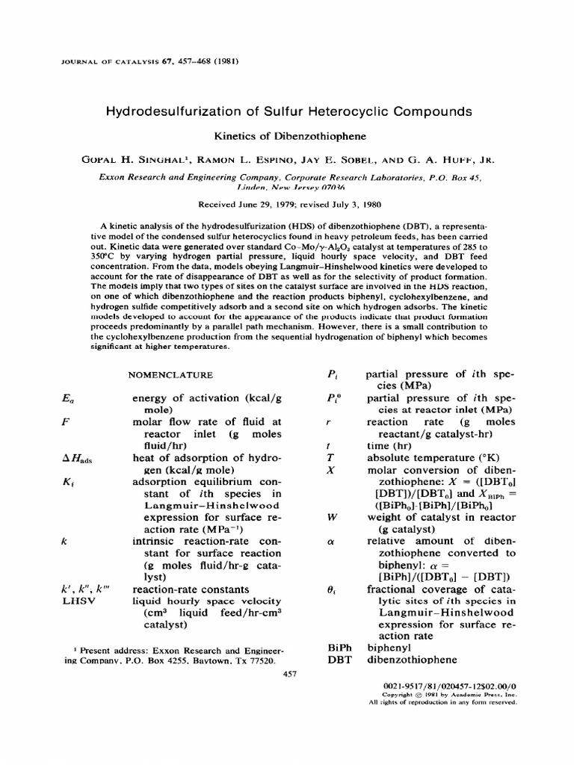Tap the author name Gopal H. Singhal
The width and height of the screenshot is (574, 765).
[x=140, y=159]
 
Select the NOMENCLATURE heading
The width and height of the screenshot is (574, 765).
[x=171, y=374]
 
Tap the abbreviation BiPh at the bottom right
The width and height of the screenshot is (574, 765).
[x=339, y=647]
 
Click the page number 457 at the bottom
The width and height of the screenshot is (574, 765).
[x=291, y=674]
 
